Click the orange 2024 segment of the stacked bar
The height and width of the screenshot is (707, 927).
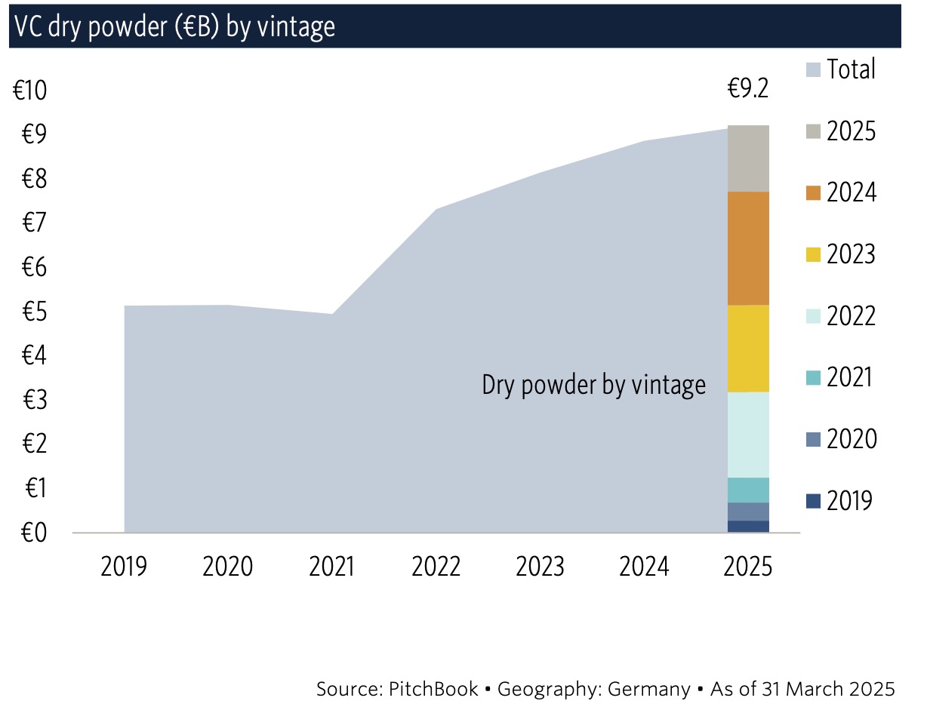748,248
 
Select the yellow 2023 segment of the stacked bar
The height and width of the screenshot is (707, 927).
748,349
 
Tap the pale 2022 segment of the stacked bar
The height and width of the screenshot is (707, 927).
748,435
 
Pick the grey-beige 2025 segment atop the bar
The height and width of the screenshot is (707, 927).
748,158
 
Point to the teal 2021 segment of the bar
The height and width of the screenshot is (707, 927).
748,490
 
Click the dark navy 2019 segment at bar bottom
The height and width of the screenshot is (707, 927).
748,527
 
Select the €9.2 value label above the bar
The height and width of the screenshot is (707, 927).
747,89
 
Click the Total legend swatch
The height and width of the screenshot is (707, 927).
812,70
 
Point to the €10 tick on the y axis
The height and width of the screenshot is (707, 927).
30,91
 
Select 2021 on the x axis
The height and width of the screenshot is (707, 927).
332,566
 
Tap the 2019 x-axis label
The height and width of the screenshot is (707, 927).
124,566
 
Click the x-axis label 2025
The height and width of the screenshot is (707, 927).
748,566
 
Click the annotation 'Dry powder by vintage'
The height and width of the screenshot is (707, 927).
594,386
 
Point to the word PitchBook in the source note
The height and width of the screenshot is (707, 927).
435,689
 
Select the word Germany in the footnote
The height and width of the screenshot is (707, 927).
649,689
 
